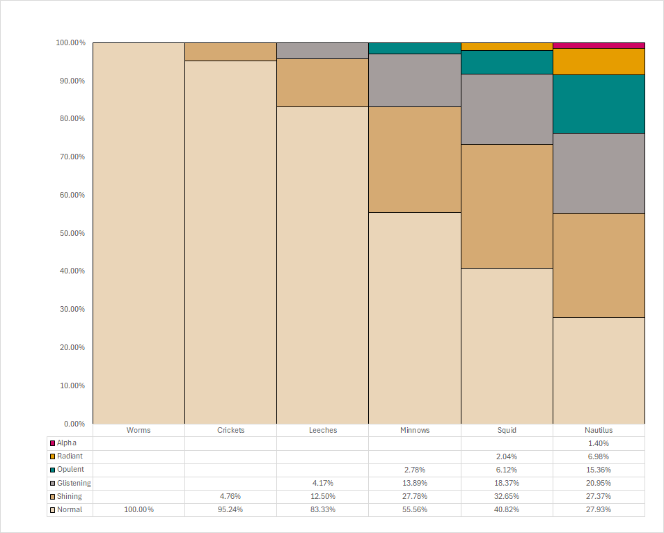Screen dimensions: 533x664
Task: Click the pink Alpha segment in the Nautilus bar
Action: tap(599, 45)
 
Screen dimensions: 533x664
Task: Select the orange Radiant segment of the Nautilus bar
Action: tap(599, 61)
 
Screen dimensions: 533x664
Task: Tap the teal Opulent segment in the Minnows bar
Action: tap(414, 48)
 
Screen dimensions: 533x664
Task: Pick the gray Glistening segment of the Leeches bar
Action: tap(322, 51)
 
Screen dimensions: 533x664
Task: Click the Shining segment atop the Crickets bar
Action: tap(230, 51)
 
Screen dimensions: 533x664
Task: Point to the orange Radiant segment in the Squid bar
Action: tap(507, 47)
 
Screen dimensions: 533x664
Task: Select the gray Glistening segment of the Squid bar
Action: tap(507, 109)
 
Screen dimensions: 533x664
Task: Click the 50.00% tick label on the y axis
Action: tap(70, 233)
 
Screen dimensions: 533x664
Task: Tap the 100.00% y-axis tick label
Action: tap(70, 42)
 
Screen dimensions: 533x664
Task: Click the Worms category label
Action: tap(139, 430)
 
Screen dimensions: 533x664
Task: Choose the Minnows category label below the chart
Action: tap(414, 430)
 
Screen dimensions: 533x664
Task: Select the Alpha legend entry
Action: tap(67, 443)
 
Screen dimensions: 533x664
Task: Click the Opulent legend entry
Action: tap(70, 470)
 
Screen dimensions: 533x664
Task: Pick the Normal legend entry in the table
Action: tap(69, 510)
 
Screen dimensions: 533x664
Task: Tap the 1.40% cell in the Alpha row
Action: tap(599, 443)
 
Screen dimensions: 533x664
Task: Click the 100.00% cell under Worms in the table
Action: tap(139, 510)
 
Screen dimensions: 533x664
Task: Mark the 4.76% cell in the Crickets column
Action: tap(230, 497)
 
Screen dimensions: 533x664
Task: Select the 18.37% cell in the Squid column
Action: tap(507, 483)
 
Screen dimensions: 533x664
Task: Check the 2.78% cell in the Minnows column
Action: tap(414, 470)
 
